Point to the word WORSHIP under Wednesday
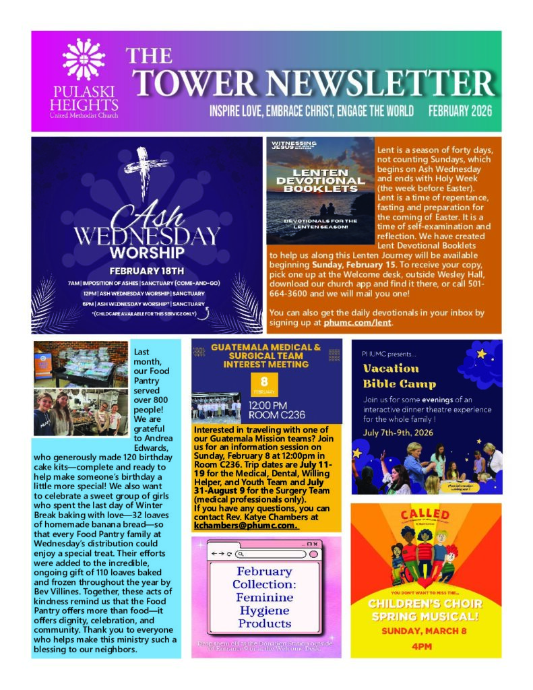(x=147, y=253)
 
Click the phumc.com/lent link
(x=357, y=323)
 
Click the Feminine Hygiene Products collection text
(x=265, y=597)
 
